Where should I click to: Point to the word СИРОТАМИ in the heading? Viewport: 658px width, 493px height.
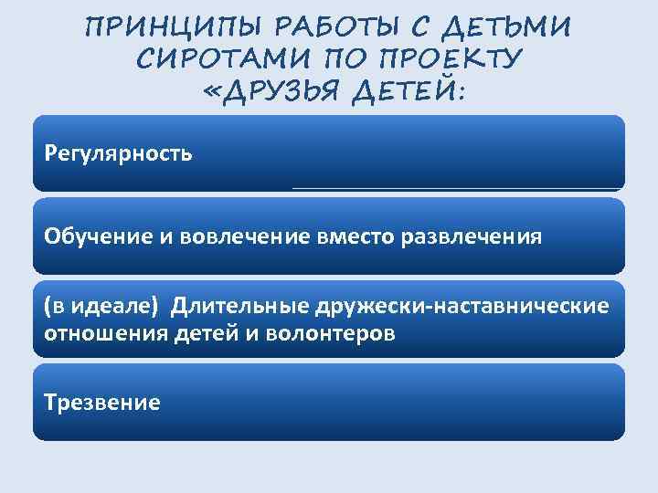coord(218,59)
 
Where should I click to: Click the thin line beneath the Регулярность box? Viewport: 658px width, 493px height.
coord(457,188)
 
